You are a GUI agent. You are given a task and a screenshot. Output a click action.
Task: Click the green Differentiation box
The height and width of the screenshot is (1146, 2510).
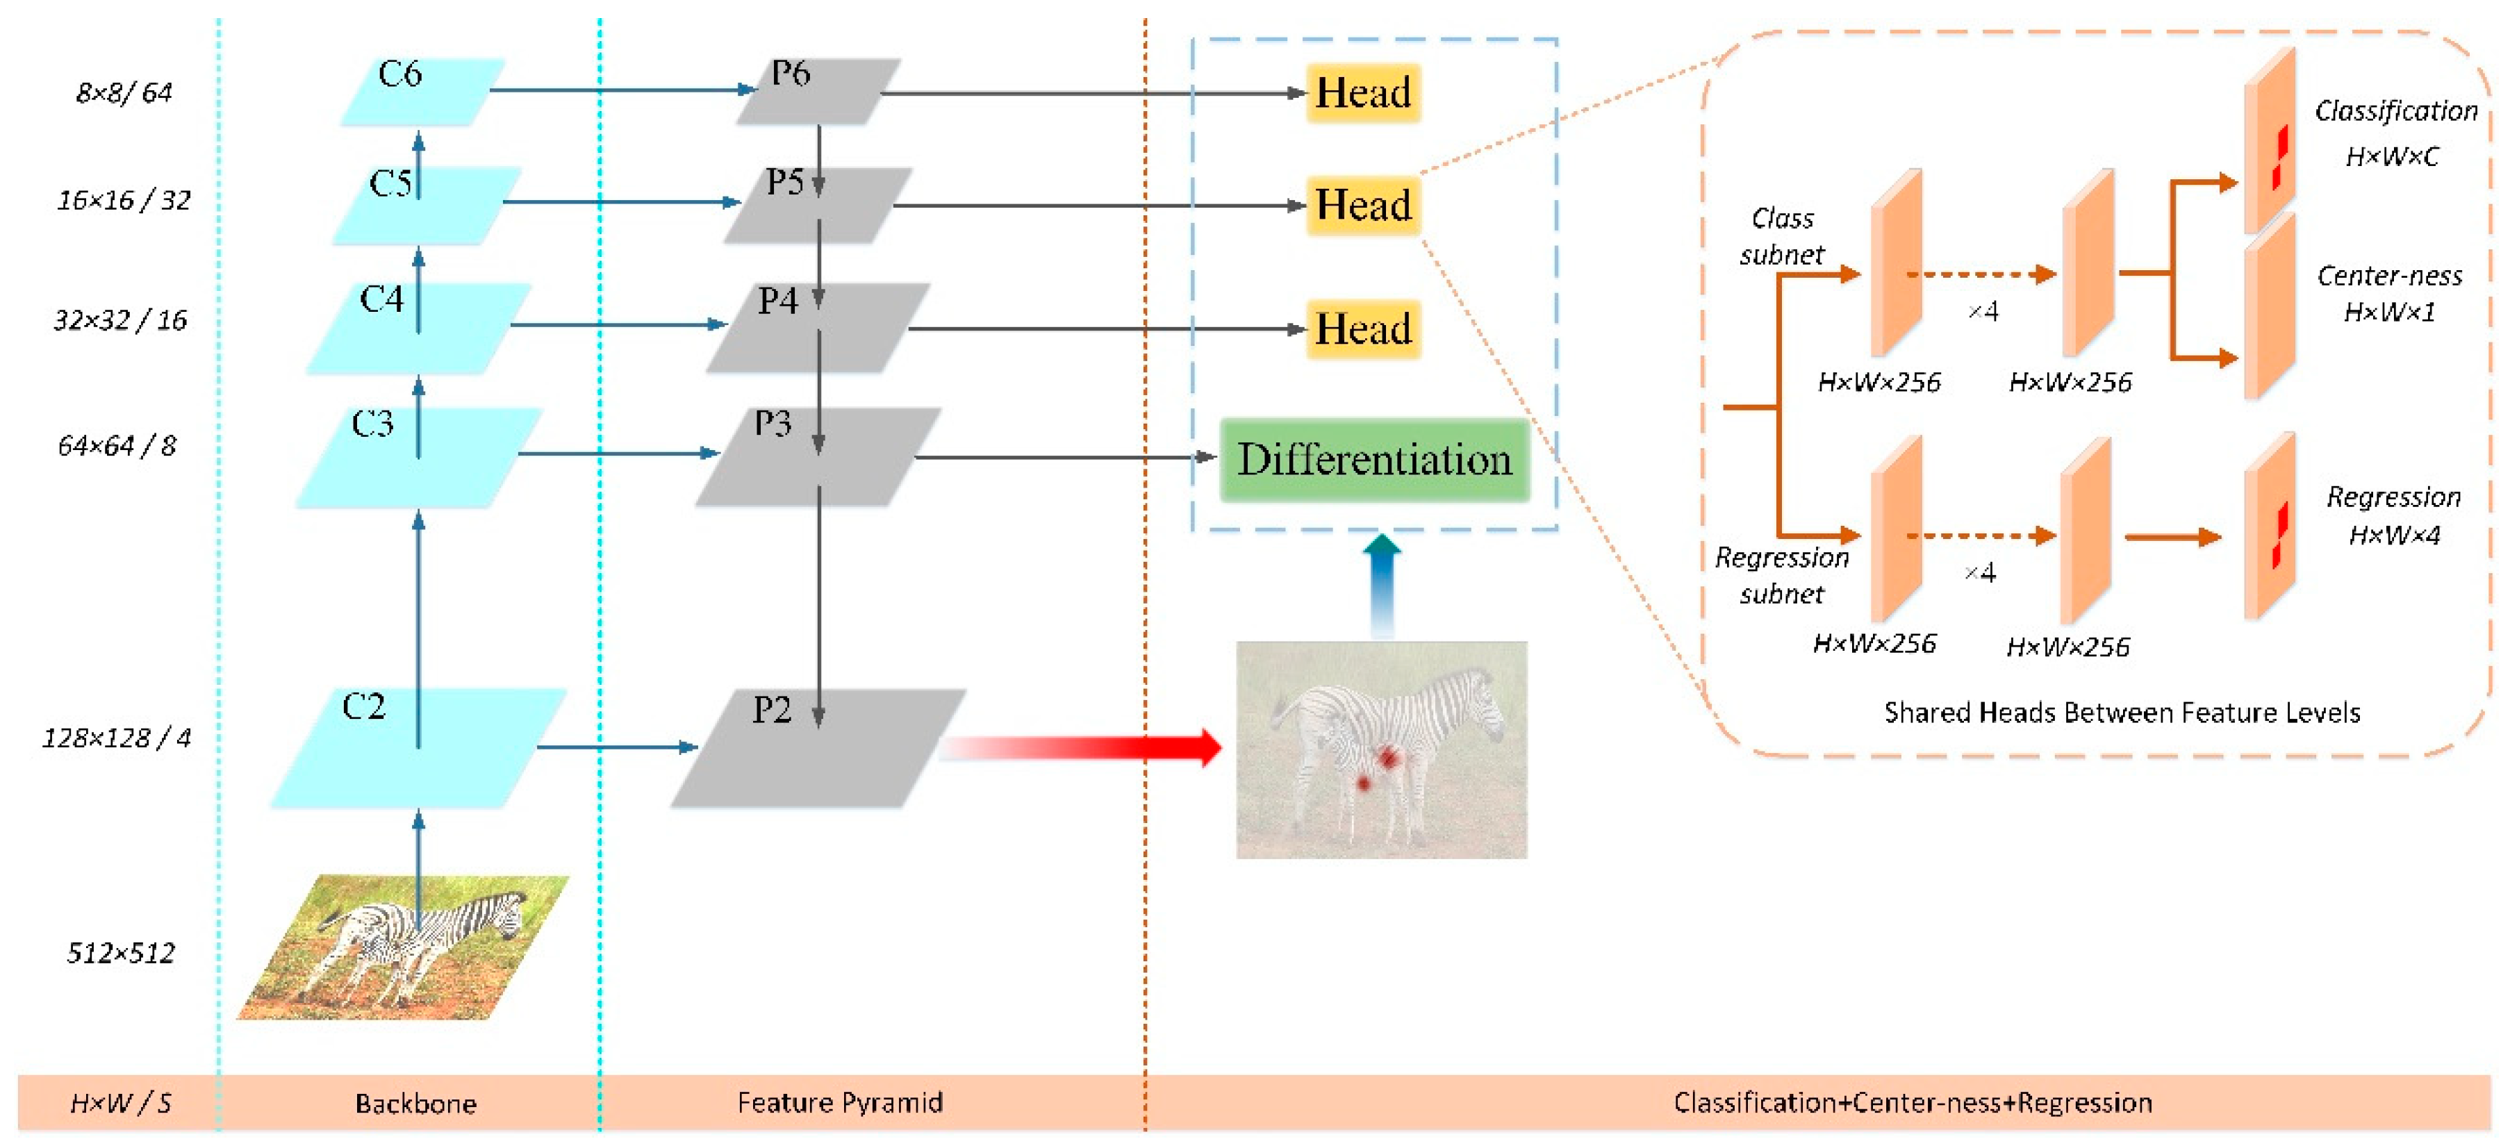[1374, 460]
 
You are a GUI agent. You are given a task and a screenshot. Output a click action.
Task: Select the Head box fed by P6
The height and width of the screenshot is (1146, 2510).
[1362, 92]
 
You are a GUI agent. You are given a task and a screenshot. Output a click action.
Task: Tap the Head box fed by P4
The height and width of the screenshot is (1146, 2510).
[1362, 329]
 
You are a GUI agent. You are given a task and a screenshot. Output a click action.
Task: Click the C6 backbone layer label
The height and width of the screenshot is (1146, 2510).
[399, 75]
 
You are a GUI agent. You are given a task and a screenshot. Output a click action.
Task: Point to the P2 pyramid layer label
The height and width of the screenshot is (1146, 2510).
[772, 709]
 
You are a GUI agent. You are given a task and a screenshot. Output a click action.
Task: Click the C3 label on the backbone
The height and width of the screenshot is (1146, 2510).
[372, 424]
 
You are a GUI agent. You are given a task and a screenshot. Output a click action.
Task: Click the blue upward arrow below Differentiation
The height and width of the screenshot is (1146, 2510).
[1382, 585]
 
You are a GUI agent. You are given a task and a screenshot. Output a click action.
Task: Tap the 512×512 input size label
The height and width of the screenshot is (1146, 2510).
[121, 953]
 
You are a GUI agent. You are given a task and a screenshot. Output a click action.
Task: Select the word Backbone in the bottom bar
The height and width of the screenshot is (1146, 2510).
[416, 1103]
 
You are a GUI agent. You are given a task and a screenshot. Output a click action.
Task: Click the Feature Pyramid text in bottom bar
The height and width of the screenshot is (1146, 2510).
[840, 1102]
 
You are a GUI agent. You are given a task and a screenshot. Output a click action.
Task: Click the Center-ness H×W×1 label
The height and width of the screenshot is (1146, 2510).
[2389, 293]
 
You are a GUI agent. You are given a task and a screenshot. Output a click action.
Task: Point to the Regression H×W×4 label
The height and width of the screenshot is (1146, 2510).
[2393, 515]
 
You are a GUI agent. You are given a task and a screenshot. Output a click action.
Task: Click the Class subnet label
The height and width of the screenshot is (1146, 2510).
[1781, 237]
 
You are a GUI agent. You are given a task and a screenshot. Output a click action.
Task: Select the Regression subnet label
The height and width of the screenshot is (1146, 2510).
[1781, 575]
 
